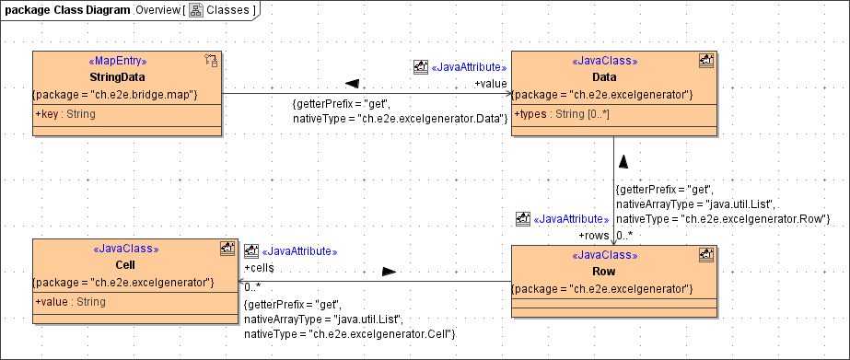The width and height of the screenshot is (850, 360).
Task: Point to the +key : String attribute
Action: click(65, 114)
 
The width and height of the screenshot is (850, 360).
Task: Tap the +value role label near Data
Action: click(491, 84)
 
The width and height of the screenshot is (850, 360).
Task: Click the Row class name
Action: click(604, 272)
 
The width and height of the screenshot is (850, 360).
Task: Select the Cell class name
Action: click(125, 264)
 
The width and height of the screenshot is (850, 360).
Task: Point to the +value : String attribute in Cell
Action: click(70, 302)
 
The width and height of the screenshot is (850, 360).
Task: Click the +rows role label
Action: click(595, 236)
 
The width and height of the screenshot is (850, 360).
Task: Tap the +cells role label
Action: click(261, 268)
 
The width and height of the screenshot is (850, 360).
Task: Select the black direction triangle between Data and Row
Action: click(623, 161)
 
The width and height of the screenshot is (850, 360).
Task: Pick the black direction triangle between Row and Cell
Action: click(390, 272)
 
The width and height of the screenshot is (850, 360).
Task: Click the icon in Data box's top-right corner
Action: click(705, 62)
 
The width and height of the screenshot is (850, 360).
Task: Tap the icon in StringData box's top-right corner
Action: click(210, 62)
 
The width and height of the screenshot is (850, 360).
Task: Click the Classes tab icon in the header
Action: click(196, 10)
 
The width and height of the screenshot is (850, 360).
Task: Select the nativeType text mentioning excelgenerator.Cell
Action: click(350, 332)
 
